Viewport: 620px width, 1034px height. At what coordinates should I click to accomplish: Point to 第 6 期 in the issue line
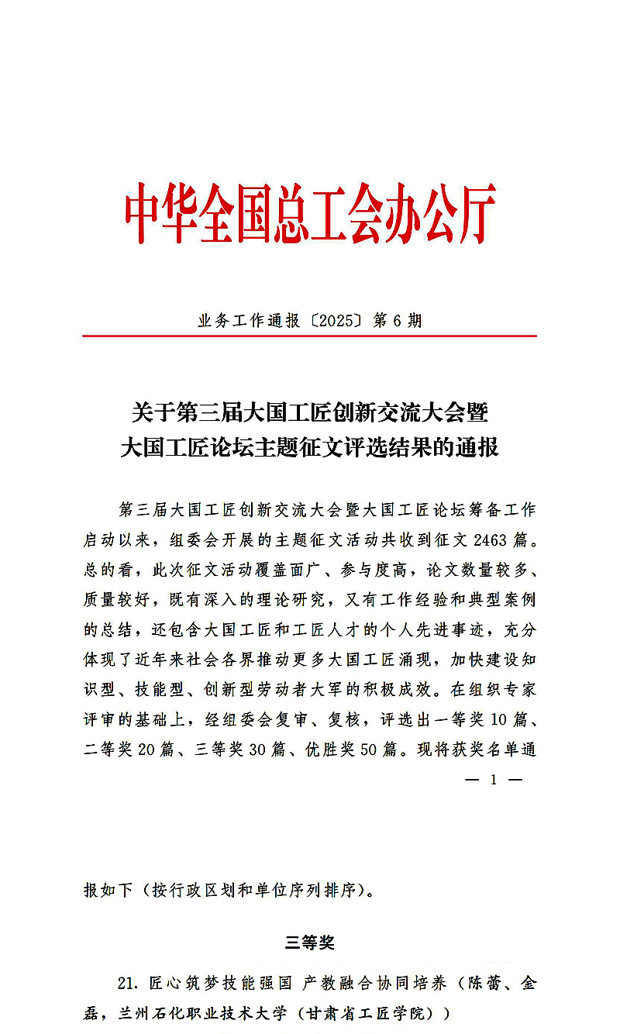pyautogui.click(x=398, y=320)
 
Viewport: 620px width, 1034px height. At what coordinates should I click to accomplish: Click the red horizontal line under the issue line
pyautogui.click(x=309, y=336)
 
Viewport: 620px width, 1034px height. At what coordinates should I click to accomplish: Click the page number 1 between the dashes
pyautogui.click(x=493, y=780)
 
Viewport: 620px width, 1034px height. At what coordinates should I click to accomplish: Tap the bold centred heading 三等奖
pyautogui.click(x=309, y=943)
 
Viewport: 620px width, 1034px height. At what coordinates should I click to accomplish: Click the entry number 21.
pyautogui.click(x=128, y=984)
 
